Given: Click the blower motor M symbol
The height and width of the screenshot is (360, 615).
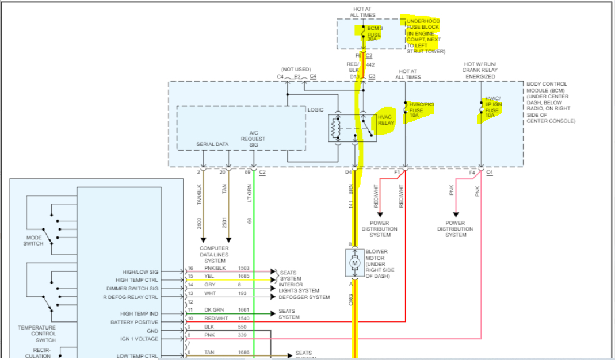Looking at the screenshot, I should (354, 263).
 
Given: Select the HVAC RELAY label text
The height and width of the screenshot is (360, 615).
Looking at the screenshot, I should (385, 120).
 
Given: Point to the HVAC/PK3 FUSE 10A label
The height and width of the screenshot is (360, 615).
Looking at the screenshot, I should (421, 110).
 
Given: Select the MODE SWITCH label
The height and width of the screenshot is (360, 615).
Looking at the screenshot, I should (34, 240).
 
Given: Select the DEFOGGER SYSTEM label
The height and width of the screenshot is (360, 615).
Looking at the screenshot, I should (304, 297).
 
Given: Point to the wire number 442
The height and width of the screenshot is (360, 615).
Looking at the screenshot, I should (370, 64).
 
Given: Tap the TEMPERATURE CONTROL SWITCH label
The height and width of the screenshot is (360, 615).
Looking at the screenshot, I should (36, 333).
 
